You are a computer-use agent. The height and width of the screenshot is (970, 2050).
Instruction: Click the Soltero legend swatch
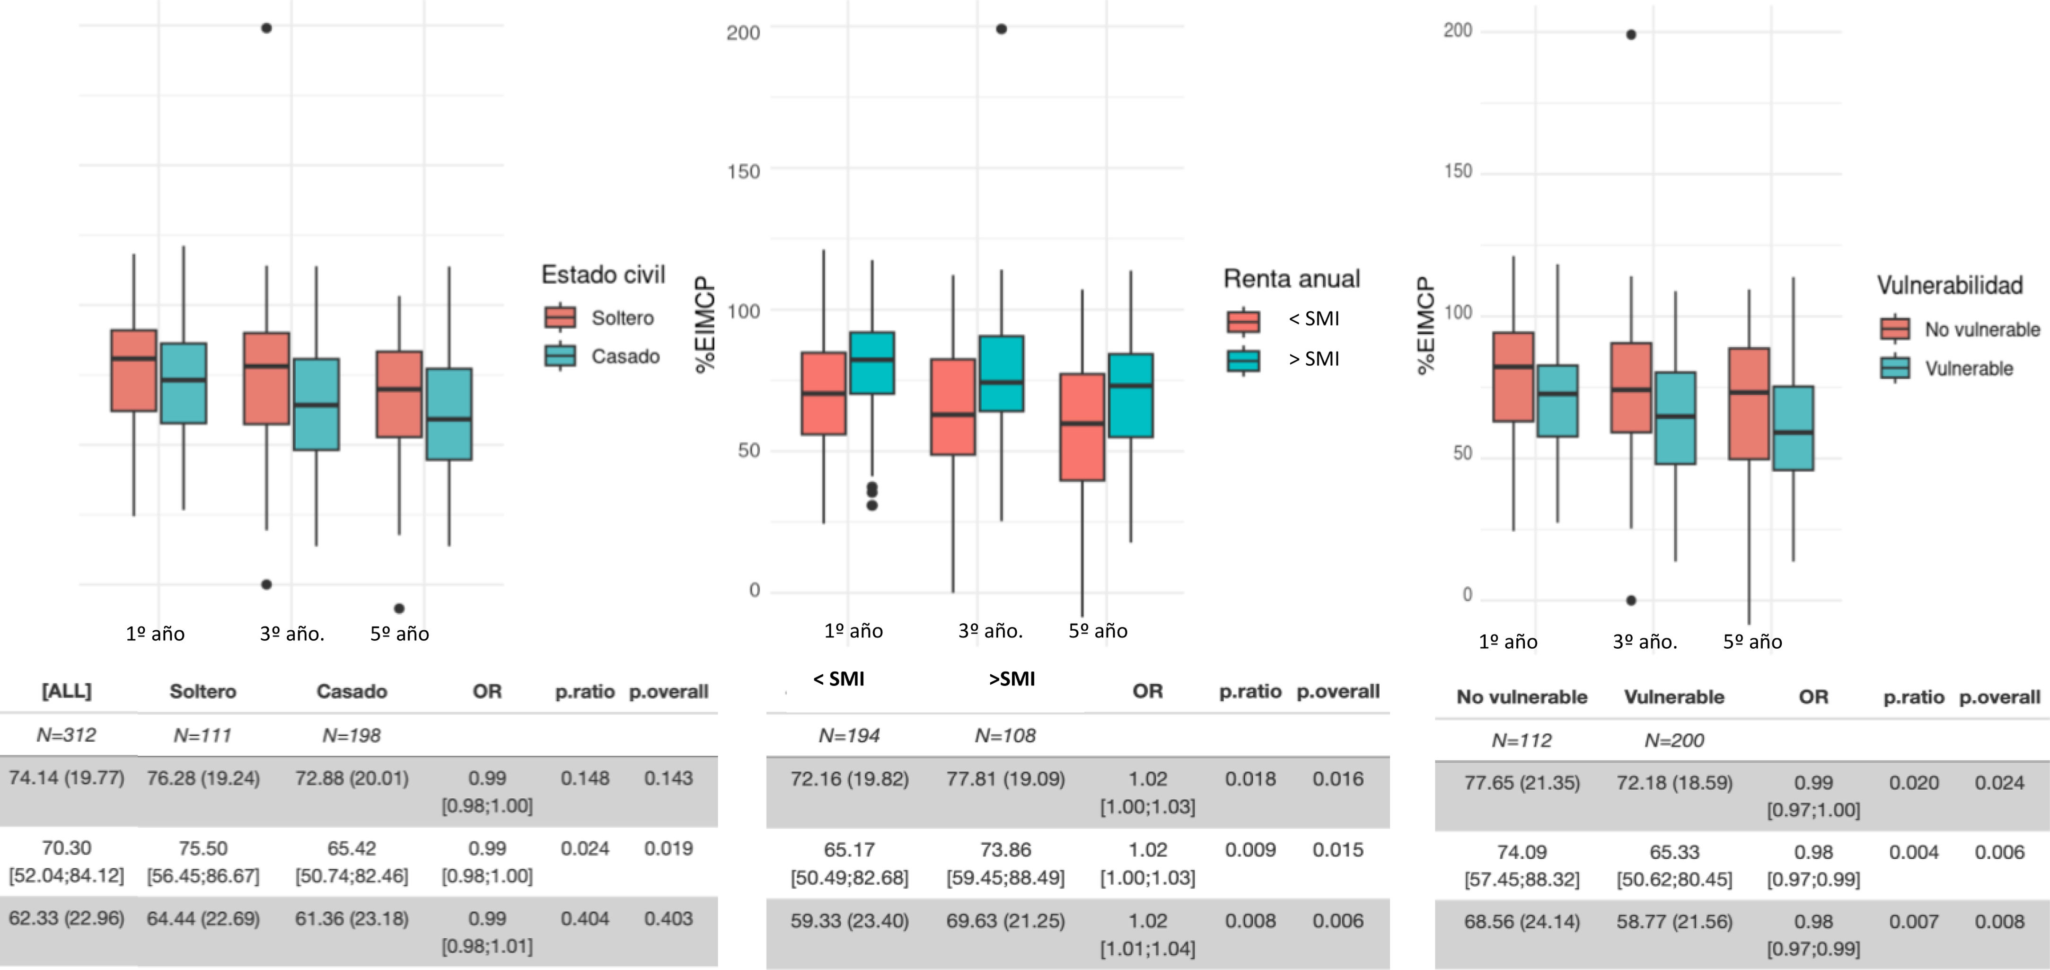coord(560,317)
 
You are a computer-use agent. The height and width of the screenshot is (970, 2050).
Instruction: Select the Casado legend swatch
coord(560,356)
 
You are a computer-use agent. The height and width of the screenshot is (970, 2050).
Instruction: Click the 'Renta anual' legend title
coord(1291,279)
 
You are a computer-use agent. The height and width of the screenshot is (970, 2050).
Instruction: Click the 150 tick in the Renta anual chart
coord(743,171)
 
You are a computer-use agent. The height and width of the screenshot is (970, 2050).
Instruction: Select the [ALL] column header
coord(66,691)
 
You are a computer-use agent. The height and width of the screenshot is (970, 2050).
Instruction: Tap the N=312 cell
coord(66,734)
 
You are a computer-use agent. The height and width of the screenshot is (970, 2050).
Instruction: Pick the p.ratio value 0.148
coord(584,778)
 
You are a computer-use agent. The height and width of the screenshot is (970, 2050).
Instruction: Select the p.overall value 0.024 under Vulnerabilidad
coord(1998,783)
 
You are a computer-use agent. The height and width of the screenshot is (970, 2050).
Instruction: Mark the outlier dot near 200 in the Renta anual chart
coord(1001,29)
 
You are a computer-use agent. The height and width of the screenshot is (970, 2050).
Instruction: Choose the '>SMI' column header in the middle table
coord(1012,679)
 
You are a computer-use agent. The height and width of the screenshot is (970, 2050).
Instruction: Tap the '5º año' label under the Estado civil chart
coord(399,634)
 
